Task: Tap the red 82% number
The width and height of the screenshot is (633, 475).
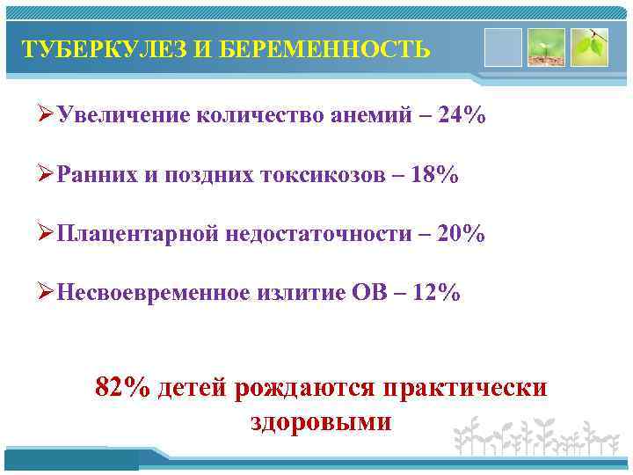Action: point(122,388)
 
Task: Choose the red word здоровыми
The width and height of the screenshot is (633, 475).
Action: point(321,421)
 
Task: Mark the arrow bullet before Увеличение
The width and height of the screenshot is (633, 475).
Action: point(47,116)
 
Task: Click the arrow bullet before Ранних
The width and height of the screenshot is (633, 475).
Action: point(47,175)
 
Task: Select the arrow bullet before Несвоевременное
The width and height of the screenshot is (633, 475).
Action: point(47,293)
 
